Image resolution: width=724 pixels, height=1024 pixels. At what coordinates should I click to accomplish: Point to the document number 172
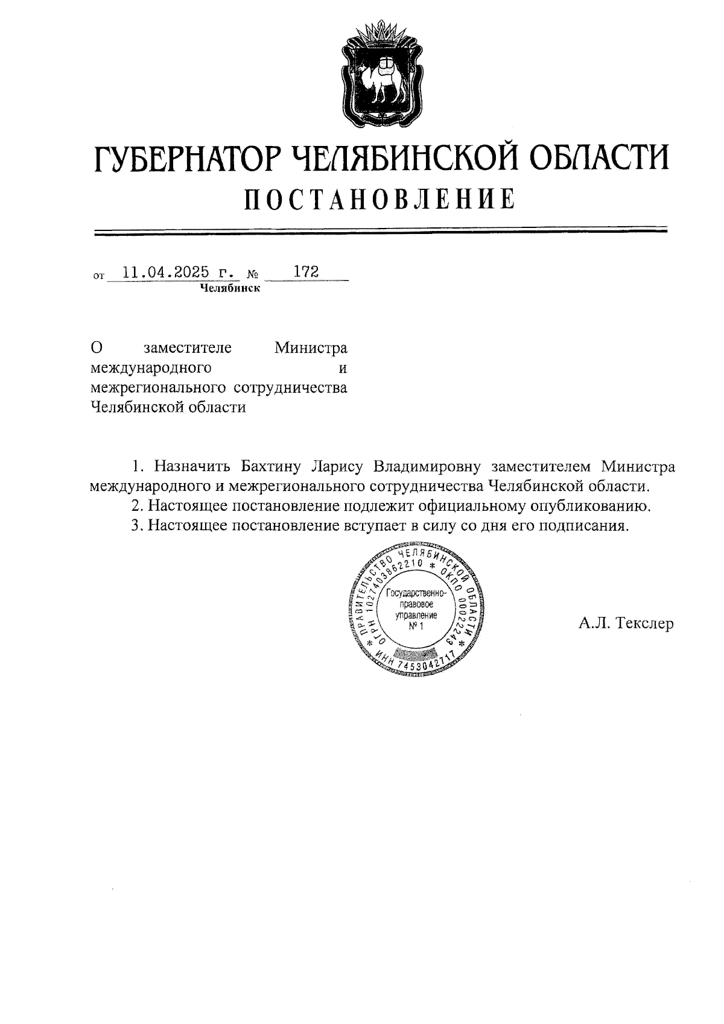[306, 271]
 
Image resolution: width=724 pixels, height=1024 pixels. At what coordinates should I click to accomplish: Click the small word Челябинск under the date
[230, 288]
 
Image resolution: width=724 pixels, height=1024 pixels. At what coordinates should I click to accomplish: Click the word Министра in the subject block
[311, 349]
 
